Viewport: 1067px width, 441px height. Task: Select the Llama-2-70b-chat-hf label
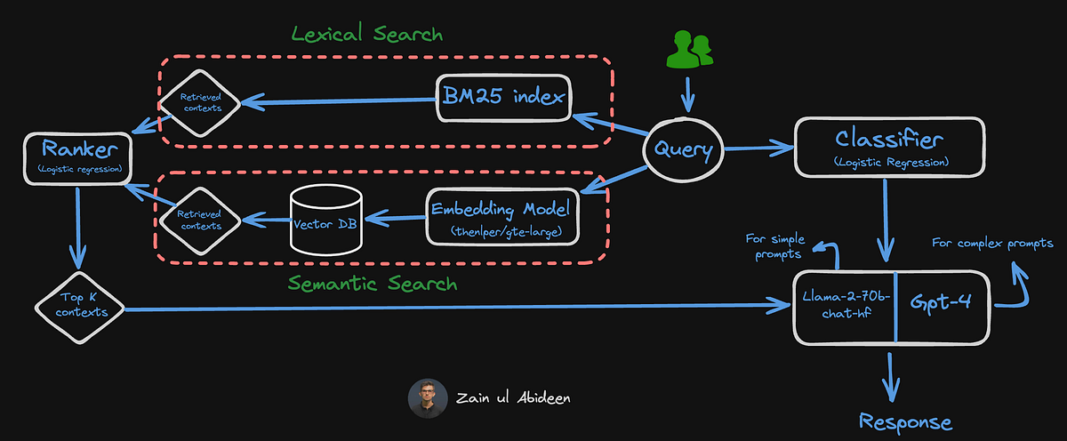tap(846, 304)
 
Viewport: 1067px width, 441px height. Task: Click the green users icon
tap(689, 49)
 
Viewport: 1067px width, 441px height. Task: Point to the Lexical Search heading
tap(366, 33)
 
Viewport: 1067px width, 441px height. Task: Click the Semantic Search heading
tap(373, 284)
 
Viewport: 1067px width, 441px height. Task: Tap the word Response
tap(905, 422)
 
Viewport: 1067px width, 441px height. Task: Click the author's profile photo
tap(428, 398)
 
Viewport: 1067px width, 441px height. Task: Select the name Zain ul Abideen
tap(513, 397)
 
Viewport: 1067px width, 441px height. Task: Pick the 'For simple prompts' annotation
tap(775, 246)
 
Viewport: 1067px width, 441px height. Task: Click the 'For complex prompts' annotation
tap(992, 243)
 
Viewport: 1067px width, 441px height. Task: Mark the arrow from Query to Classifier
tap(758, 148)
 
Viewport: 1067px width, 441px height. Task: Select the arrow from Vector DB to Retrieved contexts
tap(267, 220)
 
